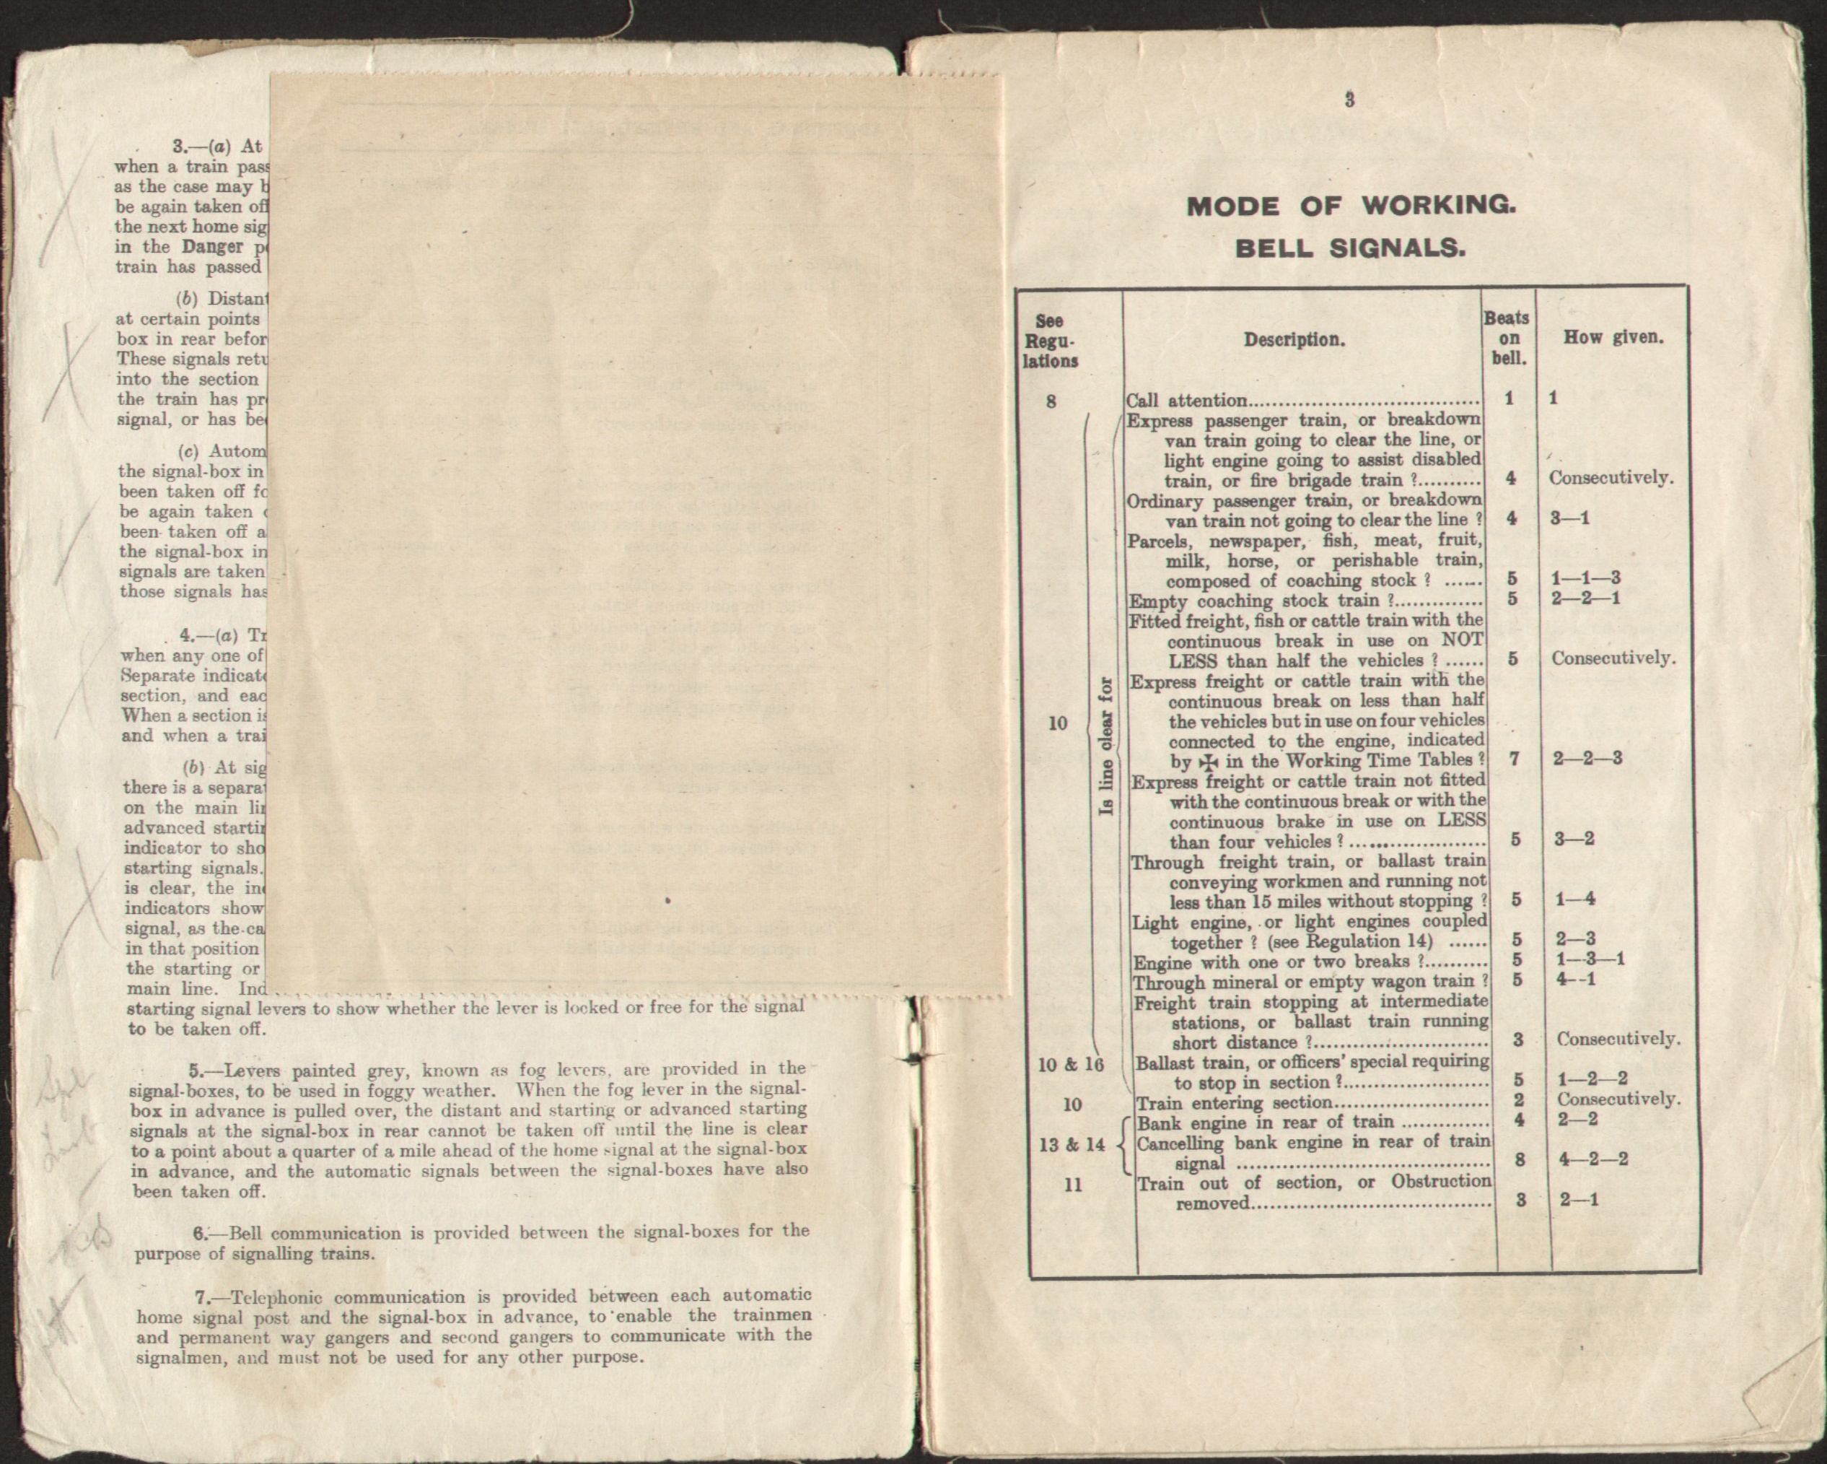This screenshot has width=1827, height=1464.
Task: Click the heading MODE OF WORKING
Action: click(x=1350, y=206)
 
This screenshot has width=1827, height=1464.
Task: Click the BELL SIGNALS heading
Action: click(x=1350, y=249)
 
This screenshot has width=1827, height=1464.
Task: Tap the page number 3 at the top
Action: click(x=1349, y=101)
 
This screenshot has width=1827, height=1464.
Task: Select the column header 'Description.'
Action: click(x=1294, y=340)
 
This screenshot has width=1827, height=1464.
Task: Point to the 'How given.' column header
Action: click(x=1613, y=337)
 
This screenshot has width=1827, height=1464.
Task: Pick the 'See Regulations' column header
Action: click(x=1050, y=341)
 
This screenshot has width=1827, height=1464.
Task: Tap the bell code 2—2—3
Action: click(x=1587, y=758)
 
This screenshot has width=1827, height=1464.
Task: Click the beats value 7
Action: click(x=1515, y=758)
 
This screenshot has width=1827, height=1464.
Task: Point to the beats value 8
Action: click(x=1520, y=1159)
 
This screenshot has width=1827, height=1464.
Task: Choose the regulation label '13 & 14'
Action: click(x=1072, y=1144)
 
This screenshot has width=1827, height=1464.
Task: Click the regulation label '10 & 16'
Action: click(x=1071, y=1065)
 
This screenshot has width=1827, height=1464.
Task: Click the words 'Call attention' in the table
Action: click(x=1186, y=401)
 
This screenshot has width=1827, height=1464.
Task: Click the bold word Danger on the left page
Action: click(x=212, y=248)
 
